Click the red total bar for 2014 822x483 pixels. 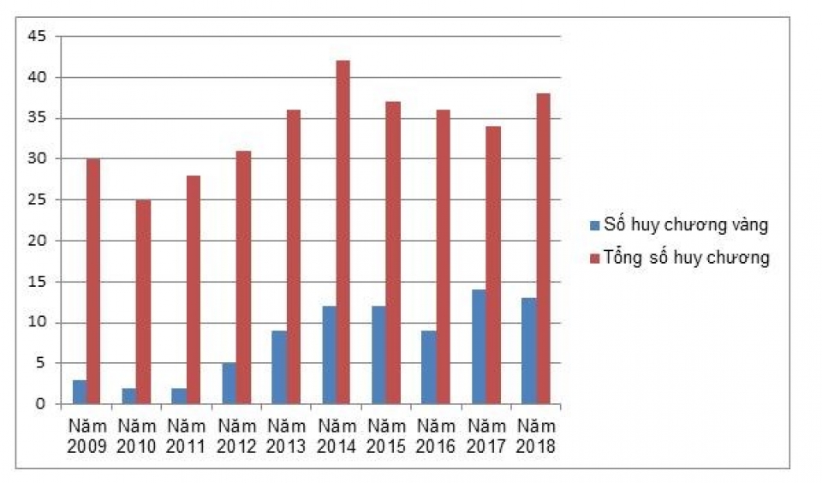(x=342, y=232)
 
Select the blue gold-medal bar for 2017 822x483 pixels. (x=479, y=347)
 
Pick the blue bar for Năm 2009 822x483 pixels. (x=80, y=391)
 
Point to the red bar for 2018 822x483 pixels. (x=542, y=248)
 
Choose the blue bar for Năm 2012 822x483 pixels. (x=229, y=383)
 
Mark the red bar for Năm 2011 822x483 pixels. (x=193, y=289)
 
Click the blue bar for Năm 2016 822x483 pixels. (x=429, y=367)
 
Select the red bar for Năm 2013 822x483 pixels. (x=293, y=257)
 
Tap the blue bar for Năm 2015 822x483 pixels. (x=379, y=355)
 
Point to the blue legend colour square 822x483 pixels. (x=594, y=226)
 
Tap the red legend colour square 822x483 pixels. (x=594, y=258)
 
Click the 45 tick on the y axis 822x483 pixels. (x=39, y=37)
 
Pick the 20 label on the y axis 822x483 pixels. (x=39, y=241)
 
